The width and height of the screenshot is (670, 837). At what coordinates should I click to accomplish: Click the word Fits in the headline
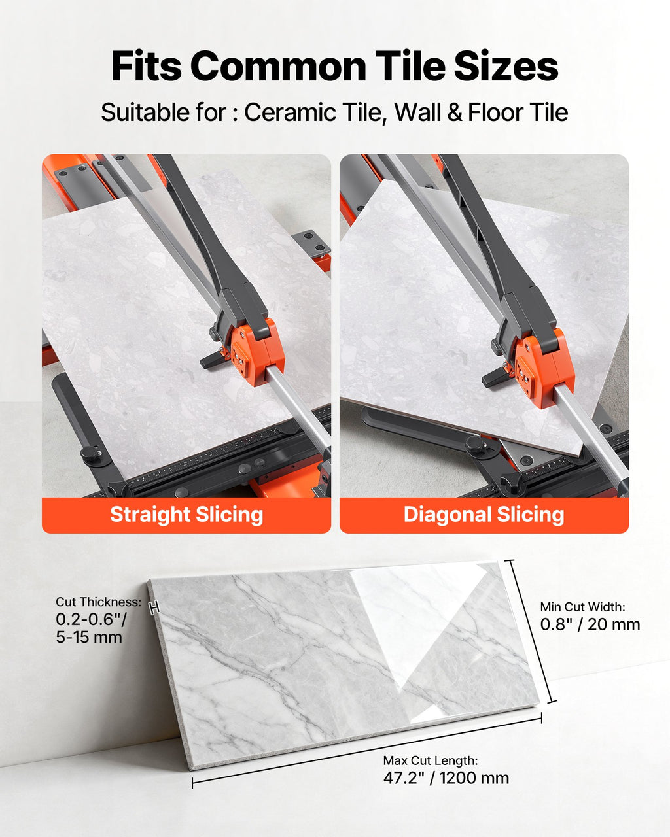pos(146,66)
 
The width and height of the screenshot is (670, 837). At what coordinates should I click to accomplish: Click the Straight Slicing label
pos(186,514)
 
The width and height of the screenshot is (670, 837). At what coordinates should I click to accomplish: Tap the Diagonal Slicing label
pos(484,514)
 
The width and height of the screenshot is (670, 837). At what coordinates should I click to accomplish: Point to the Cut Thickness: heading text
pos(99,602)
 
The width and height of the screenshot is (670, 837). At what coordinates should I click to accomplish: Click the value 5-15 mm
pos(89,637)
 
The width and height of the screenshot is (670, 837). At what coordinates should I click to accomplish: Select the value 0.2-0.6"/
pos(91,619)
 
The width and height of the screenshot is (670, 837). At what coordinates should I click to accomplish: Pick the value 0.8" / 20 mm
pos(590,624)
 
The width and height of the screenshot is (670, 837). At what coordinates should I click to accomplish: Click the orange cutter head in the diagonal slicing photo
pos(545,367)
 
